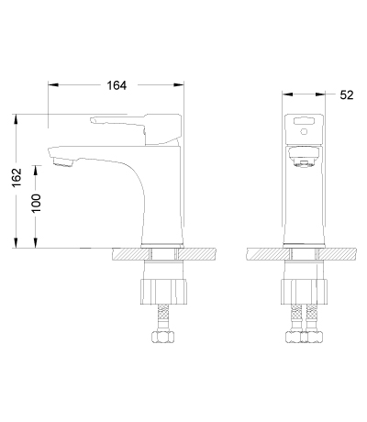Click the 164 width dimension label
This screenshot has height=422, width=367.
click(117, 85)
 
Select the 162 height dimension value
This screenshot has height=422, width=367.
click(17, 177)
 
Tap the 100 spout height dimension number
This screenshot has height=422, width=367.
click(36, 204)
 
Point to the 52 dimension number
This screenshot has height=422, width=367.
click(347, 95)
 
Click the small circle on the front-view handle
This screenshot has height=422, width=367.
click(304, 132)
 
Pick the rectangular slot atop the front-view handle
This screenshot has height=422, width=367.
click(304, 121)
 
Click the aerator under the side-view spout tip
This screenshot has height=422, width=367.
click(63, 162)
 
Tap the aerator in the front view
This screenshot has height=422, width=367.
click(304, 164)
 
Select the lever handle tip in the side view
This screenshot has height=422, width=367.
click(93, 120)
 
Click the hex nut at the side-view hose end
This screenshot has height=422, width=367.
click(163, 337)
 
